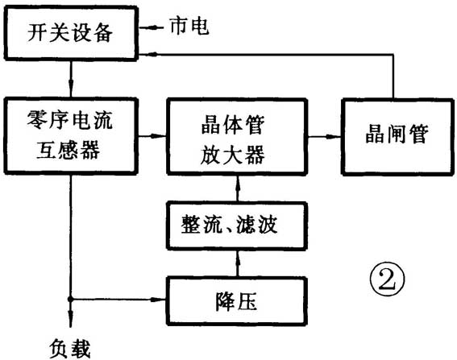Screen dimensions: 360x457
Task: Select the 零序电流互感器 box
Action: point(72,135)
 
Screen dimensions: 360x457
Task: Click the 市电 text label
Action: point(189,27)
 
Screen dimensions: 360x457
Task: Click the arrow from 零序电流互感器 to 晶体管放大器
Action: point(158,137)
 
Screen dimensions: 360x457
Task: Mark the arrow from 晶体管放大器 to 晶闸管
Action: point(330,137)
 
